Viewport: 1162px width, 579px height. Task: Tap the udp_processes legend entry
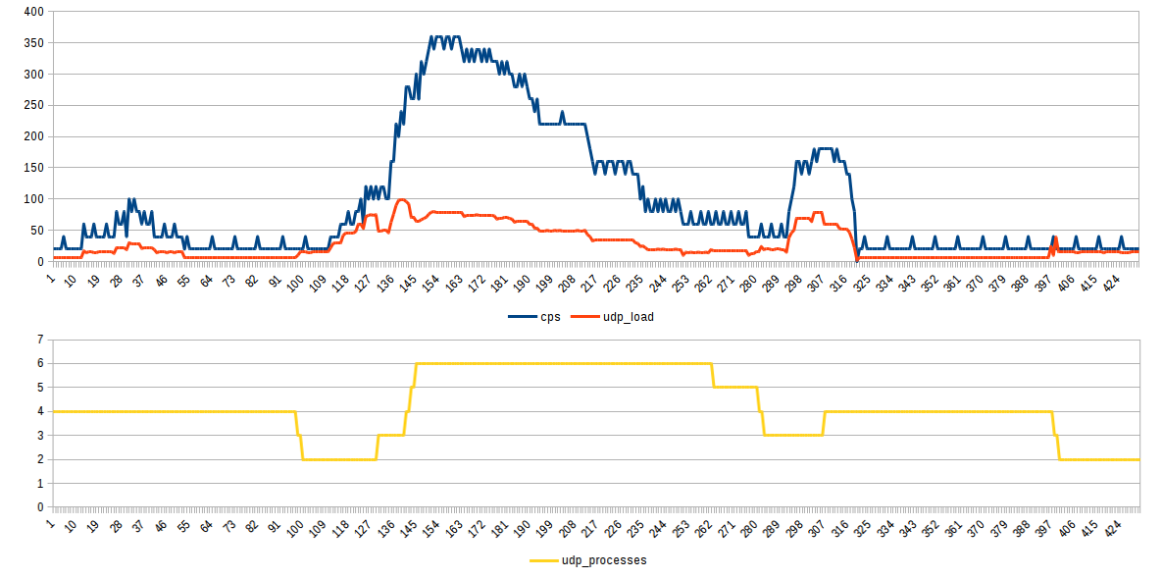tap(603, 560)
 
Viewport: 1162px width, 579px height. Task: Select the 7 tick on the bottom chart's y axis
tap(40, 340)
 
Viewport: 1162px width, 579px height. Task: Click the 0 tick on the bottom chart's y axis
tap(40, 507)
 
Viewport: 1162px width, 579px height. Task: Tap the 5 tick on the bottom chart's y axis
tap(40, 388)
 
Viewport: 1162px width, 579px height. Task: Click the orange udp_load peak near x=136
tap(402, 199)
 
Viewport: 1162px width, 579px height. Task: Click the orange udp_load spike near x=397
tap(1055, 237)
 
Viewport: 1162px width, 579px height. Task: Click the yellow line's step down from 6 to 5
tap(712, 375)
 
